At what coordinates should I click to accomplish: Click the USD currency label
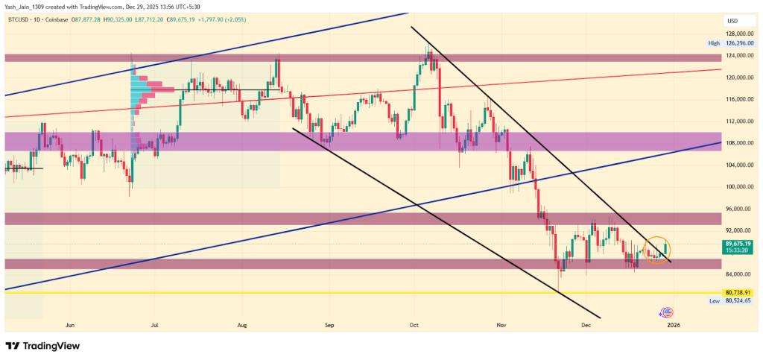[732, 20]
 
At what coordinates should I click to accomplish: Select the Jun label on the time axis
[71, 325]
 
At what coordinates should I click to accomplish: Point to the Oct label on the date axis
[414, 325]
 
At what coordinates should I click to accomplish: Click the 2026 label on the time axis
[673, 325]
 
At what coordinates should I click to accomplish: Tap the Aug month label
[241, 325]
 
